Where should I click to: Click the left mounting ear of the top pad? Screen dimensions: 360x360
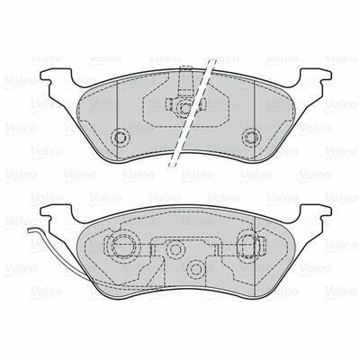[x=57, y=76]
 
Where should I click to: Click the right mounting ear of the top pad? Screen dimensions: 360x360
[x=315, y=76]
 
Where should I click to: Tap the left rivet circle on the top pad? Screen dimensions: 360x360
[x=121, y=137]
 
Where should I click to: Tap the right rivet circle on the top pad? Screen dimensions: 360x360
[x=251, y=137]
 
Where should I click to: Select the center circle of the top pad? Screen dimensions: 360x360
[x=184, y=107]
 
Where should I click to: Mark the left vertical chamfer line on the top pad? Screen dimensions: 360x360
[x=116, y=121]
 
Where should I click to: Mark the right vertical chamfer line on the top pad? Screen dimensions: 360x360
[x=255, y=121]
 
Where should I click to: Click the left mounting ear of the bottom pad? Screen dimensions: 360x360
[x=57, y=212]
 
